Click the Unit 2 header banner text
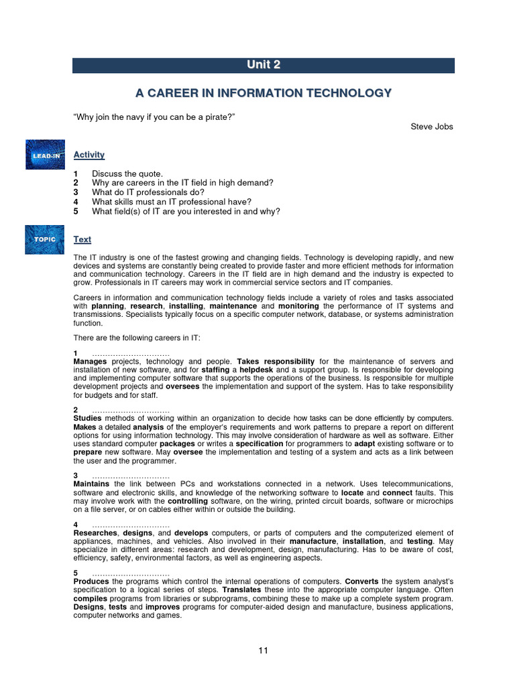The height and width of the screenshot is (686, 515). pos(263,65)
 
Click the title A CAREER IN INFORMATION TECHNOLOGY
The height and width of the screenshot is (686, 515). pos(263,93)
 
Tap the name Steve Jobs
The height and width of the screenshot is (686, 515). pos(432,127)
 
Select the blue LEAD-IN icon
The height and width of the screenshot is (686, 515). pos(45,155)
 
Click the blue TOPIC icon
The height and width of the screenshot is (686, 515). pos(45,239)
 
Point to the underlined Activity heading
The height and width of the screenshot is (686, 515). pos(89,155)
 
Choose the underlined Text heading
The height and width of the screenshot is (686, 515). pos(82,239)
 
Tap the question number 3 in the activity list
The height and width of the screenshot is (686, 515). pos(76,192)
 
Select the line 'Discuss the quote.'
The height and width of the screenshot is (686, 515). pos(127,174)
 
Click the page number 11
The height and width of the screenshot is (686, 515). pos(264,650)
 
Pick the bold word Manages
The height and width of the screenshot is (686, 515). pos(90,362)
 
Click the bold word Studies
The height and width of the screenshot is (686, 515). pos(88,418)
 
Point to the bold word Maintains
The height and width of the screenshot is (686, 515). pos(92,484)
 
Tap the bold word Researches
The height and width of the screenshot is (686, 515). pos(96,533)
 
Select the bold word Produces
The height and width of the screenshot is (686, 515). pos(91,581)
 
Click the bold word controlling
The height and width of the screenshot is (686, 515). pos(192,500)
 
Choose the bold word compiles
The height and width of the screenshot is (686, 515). pos(92,598)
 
